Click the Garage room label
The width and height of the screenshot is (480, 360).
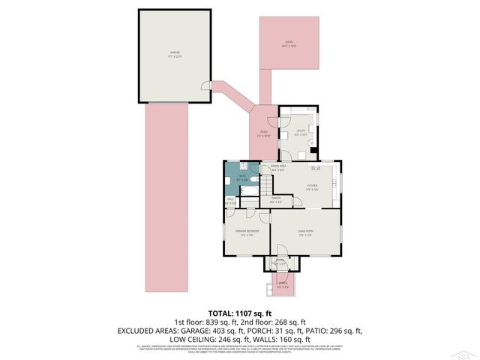pos(175,53)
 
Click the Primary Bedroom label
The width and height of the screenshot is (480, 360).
pos(247,232)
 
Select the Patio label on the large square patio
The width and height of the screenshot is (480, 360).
pos(289,44)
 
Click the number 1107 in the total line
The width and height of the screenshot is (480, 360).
pos(247,313)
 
